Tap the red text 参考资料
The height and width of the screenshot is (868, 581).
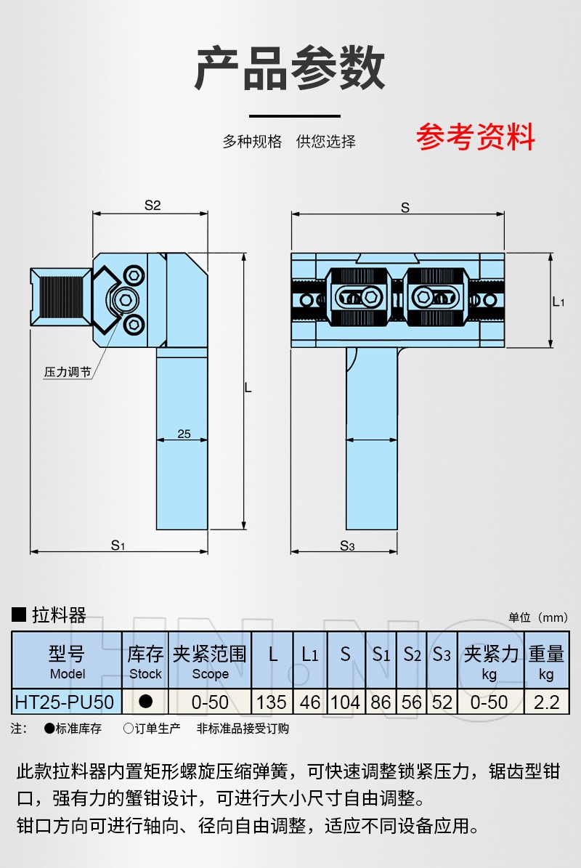(x=476, y=137)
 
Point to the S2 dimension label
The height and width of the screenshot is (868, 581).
(x=152, y=205)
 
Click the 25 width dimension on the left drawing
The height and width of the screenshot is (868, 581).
(x=184, y=434)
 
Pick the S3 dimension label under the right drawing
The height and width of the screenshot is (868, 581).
(x=346, y=545)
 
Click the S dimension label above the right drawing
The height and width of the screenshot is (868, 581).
(x=405, y=208)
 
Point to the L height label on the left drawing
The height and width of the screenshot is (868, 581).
(x=248, y=388)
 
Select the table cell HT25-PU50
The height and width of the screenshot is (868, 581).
(x=65, y=702)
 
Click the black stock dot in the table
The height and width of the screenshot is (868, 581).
(x=145, y=702)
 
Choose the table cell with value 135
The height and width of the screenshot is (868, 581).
(x=272, y=702)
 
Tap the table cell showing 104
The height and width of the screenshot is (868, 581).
(x=346, y=702)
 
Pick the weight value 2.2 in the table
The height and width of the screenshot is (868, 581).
(x=546, y=702)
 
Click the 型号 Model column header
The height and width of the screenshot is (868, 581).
(x=67, y=662)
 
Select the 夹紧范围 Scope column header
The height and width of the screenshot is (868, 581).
(x=210, y=662)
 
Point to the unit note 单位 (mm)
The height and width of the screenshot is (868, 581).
(x=537, y=617)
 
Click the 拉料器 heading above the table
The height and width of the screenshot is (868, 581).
(x=59, y=615)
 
